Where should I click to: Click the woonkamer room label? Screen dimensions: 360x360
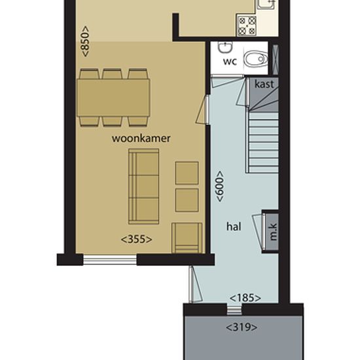click(x=141, y=139)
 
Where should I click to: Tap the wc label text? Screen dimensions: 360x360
click(x=230, y=62)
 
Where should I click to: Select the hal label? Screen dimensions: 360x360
click(x=234, y=226)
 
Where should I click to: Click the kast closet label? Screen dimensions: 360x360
click(x=264, y=84)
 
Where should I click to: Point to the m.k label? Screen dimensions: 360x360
click(x=273, y=232)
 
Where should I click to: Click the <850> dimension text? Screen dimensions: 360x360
click(x=85, y=41)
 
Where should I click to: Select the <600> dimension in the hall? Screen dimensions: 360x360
click(x=220, y=186)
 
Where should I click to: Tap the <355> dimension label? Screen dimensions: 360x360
click(x=136, y=239)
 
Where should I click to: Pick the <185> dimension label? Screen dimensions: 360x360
click(x=245, y=298)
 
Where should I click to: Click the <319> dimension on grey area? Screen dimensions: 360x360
click(x=242, y=327)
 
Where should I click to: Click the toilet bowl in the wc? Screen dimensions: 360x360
click(x=255, y=59)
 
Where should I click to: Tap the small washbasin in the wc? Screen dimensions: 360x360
click(x=225, y=47)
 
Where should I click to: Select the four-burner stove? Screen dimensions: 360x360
click(x=247, y=26)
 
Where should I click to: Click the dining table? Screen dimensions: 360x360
click(x=113, y=98)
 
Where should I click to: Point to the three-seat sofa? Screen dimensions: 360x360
click(x=143, y=187)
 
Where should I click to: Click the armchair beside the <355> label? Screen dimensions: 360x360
click(x=187, y=238)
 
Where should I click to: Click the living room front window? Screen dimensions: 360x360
click(x=110, y=260)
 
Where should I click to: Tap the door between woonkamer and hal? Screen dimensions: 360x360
click(x=203, y=110)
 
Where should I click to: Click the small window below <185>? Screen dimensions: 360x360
click(x=234, y=310)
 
